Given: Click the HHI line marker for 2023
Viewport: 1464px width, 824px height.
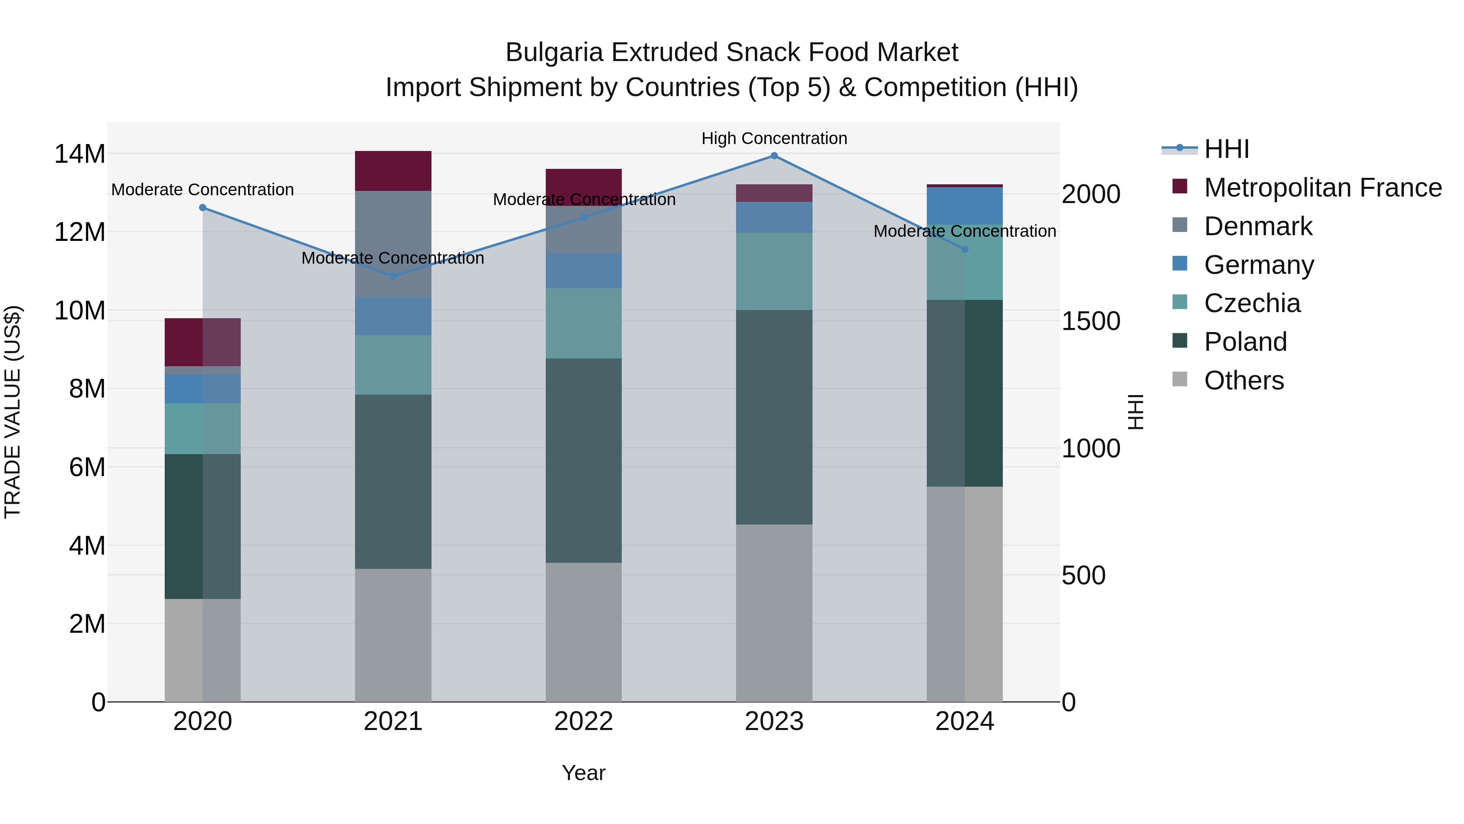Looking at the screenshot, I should coord(774,156).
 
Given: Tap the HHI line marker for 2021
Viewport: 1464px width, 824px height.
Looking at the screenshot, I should coord(393,276).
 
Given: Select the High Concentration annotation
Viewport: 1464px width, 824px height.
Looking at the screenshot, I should coord(774,138).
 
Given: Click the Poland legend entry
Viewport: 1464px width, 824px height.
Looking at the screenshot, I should coord(1245,342).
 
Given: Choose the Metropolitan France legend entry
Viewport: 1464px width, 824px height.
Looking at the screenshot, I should coord(1322,188).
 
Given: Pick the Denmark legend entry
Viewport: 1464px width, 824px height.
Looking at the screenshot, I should coord(1258,226).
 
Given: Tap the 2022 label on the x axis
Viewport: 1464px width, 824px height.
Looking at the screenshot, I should coord(583,721).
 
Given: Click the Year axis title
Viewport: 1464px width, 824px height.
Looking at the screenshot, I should coord(583,773).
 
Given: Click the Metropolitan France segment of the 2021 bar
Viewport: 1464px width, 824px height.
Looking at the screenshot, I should coord(393,170).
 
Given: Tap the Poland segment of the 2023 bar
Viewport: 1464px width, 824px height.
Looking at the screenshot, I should coord(774,417).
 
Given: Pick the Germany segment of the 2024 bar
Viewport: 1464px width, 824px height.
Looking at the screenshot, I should coord(965,206).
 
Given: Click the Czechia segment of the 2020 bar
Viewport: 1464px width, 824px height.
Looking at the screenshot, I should coord(203,428).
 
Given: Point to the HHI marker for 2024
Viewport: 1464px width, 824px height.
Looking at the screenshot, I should coord(965,249).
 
